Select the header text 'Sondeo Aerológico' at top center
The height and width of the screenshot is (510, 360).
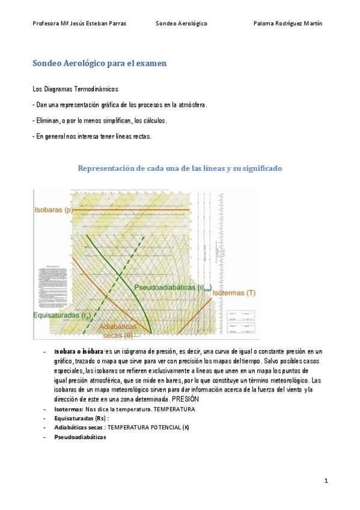[x=181, y=23]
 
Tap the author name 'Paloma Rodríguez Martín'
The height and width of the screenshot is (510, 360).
[x=288, y=23]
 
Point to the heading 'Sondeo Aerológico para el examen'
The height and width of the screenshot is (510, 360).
[x=99, y=63]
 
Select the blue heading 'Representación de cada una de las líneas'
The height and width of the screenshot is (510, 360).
[x=180, y=168]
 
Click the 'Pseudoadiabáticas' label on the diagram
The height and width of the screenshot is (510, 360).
[x=172, y=287]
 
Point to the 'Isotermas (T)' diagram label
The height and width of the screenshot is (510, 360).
[x=234, y=293]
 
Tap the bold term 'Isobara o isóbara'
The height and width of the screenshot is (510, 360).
[x=79, y=351]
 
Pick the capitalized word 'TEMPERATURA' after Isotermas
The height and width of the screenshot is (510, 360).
[x=174, y=409]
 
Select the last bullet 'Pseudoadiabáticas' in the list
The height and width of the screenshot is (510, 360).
[x=80, y=437]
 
